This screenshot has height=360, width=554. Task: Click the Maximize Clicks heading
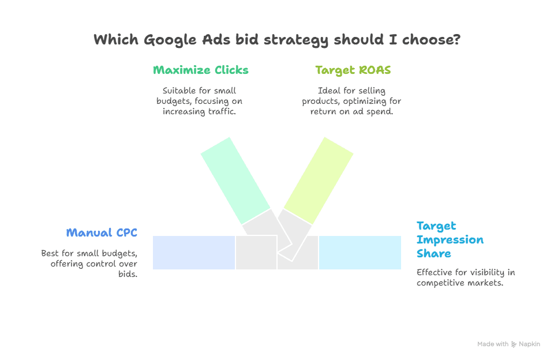coord(200,70)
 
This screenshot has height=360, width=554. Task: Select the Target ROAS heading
coord(353,70)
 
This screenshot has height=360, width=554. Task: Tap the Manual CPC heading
coord(101,232)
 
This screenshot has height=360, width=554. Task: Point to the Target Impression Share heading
coord(450,239)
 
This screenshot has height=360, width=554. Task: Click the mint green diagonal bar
coord(235,180)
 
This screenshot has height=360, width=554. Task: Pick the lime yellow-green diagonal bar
coord(318,181)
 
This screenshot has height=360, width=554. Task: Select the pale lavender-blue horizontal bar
coord(194,253)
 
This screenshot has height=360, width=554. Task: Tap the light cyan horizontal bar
coord(360,253)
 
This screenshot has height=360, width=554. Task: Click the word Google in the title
coord(170,40)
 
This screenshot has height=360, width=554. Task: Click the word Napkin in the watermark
coord(529,344)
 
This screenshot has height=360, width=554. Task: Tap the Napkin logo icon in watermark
coord(514,344)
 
